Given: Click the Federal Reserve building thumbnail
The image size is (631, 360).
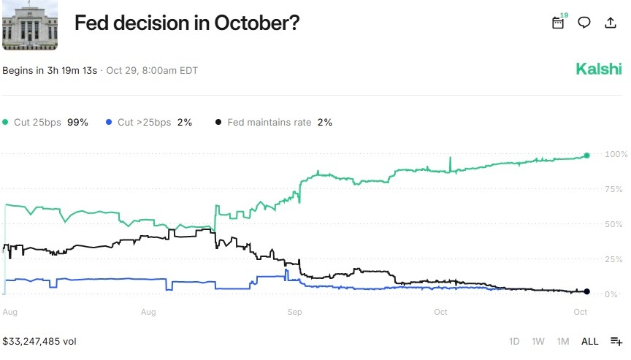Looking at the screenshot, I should click(30, 25).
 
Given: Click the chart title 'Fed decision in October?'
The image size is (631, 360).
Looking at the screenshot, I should click(187, 23).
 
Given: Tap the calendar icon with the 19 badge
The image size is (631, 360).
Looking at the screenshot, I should click(558, 23).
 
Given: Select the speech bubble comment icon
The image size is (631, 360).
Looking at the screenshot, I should click(584, 23).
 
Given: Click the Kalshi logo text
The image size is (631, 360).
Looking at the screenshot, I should click(599, 69).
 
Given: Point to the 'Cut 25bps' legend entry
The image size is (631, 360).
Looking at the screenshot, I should click(45, 123).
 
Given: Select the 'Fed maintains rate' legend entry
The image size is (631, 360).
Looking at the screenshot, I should click(274, 123).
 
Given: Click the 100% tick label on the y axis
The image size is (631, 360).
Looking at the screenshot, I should click(615, 154).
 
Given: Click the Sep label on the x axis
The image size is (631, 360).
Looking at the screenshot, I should click(294, 313).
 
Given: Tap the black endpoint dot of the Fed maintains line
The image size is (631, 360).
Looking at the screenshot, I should click(586, 292).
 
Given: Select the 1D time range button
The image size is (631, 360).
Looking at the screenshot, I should click(514, 341).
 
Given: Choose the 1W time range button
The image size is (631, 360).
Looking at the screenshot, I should click(538, 341).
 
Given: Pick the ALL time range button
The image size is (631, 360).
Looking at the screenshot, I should click(589, 341).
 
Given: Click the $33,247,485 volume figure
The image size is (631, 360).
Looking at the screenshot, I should click(39, 341).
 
